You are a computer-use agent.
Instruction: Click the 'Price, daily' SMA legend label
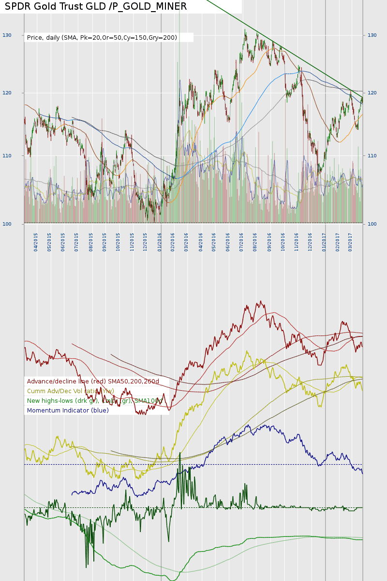(102, 37)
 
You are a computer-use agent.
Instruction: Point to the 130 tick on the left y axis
(7, 35)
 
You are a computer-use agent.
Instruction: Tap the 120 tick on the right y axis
(372, 93)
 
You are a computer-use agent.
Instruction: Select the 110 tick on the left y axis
(7, 156)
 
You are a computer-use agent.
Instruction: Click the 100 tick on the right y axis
(372, 224)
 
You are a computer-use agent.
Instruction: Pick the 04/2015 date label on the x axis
(36, 241)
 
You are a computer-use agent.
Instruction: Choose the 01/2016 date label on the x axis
(160, 241)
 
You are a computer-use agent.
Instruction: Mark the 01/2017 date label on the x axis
(324, 241)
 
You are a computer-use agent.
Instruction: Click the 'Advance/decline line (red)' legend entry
(93, 382)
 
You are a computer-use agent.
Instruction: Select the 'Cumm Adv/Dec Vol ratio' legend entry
(71, 391)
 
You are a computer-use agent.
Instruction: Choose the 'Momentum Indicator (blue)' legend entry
(68, 411)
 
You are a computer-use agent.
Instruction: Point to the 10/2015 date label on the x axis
(118, 241)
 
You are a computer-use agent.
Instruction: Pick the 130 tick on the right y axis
(372, 35)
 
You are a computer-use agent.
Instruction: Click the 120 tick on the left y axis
(7, 93)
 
